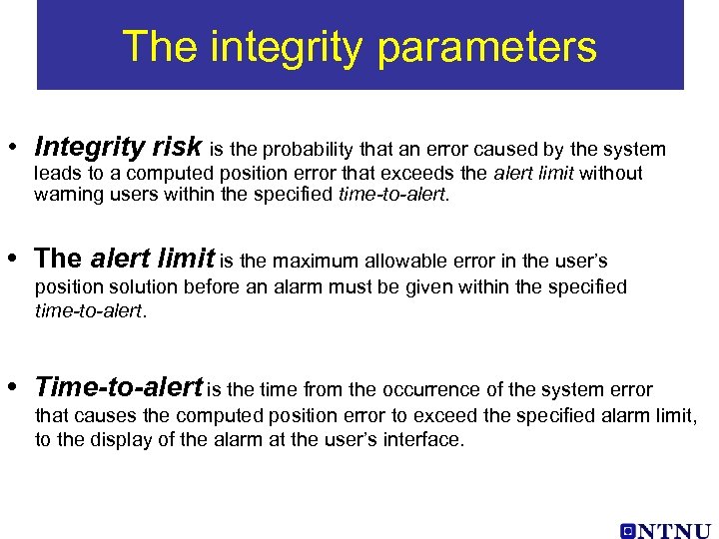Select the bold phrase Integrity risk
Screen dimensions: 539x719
(118, 149)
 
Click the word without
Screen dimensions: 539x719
(611, 174)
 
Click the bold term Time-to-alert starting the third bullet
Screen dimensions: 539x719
(119, 387)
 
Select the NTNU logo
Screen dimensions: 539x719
(664, 531)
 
